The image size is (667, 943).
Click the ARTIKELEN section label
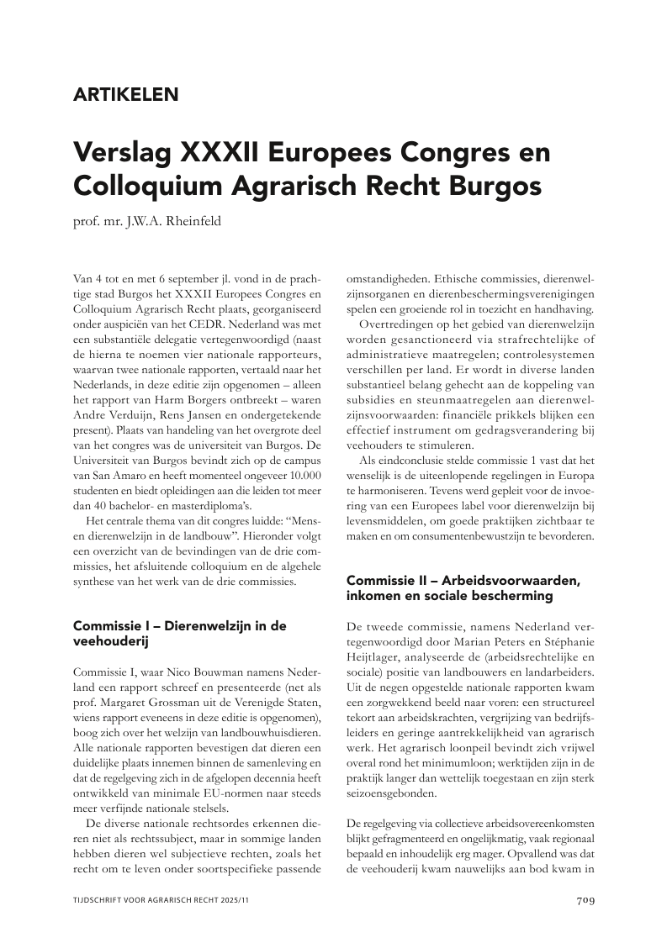(126, 95)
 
